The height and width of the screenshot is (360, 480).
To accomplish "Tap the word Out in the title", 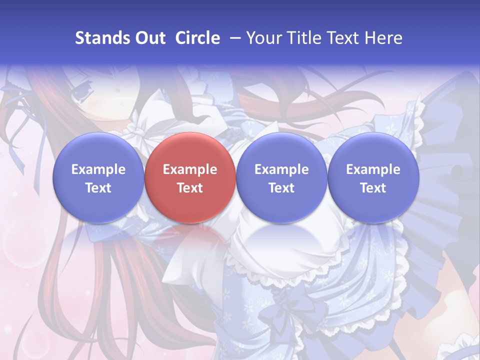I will (x=148, y=38).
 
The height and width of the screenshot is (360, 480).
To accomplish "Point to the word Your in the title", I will (x=264, y=38).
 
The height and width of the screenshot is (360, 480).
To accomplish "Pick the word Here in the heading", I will (x=384, y=38).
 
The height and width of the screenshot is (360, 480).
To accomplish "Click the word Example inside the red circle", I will (x=190, y=169).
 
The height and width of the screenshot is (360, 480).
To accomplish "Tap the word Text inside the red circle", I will (x=190, y=188).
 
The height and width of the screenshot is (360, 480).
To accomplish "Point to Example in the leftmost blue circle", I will (x=98, y=169).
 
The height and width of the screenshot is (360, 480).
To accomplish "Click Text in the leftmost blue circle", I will (x=98, y=188).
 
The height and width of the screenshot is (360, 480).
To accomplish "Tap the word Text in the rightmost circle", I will (x=373, y=188).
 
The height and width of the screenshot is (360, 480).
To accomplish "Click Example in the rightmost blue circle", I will (x=373, y=169).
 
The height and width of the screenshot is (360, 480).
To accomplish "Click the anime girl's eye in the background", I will (x=80, y=93).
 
